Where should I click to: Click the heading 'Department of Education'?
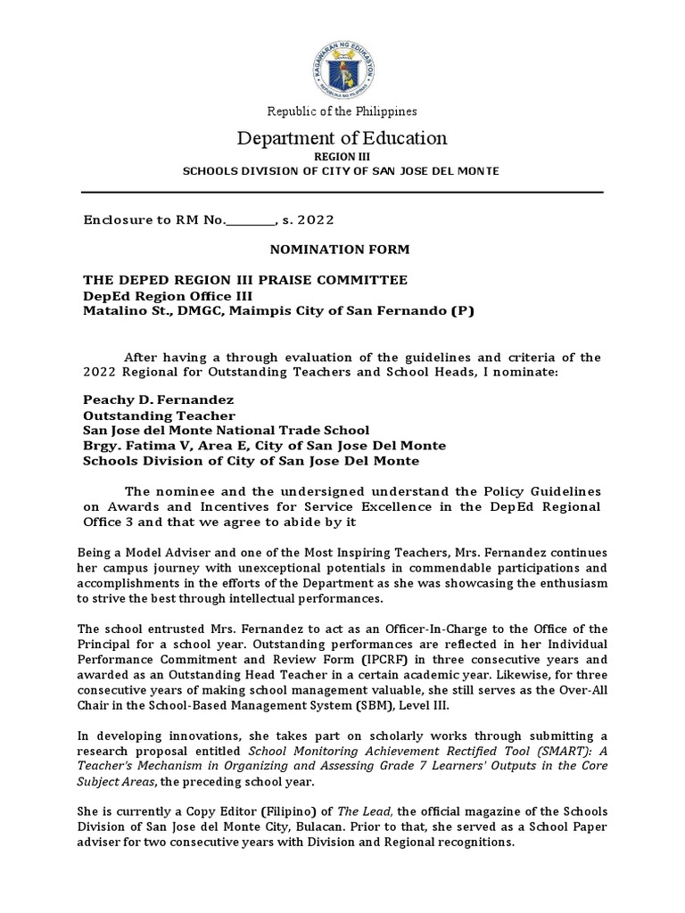342,138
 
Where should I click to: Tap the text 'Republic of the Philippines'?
342,111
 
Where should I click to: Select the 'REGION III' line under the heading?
342,155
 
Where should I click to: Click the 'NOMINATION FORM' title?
342,252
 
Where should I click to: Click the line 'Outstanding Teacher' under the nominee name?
159,415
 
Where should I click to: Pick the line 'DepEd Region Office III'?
168,295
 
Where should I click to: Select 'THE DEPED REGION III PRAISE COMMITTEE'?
245,280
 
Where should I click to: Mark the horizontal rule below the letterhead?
342,191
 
